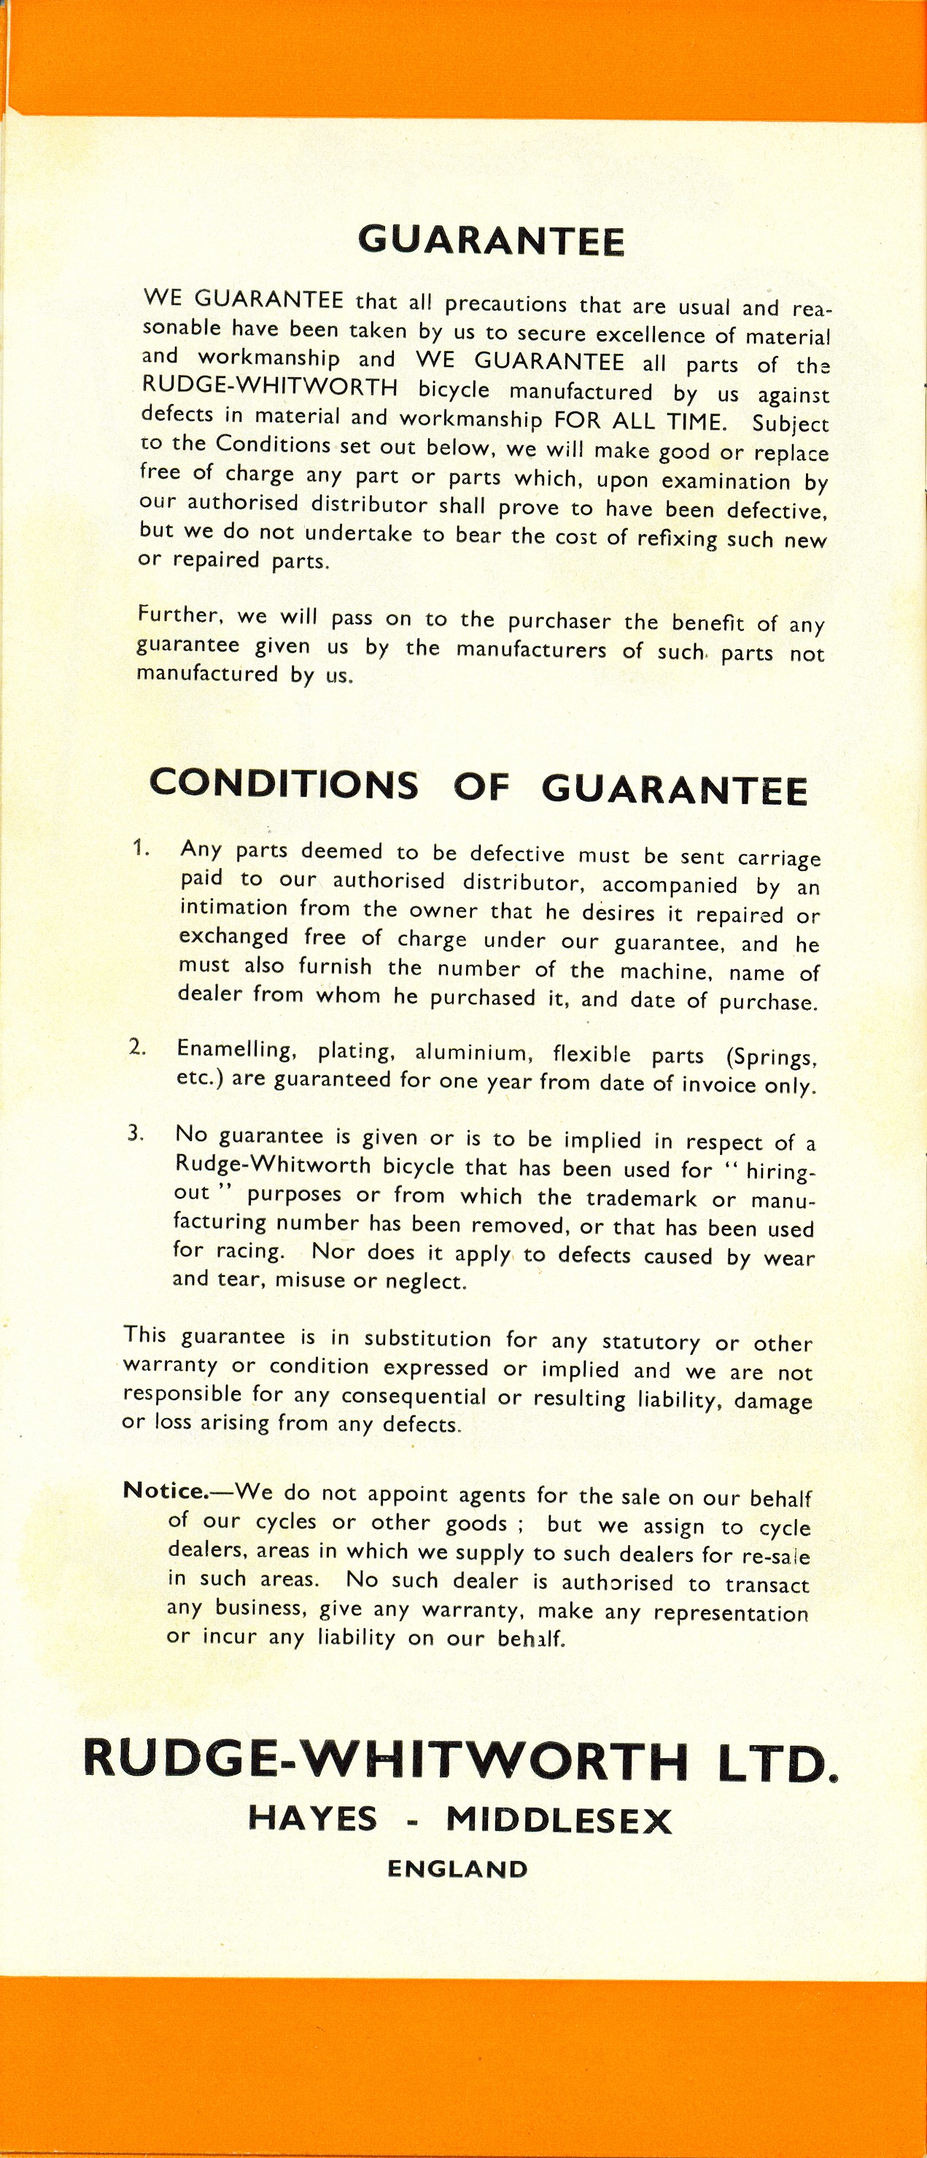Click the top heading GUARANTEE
pyautogui.click(x=491, y=241)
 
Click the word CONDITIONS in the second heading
pyautogui.click(x=284, y=784)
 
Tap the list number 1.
pyautogui.click(x=140, y=848)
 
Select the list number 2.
pyautogui.click(x=136, y=1047)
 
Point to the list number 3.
pyautogui.click(x=135, y=1134)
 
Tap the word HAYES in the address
pyautogui.click(x=312, y=1819)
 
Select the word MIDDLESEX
pyautogui.click(x=559, y=1820)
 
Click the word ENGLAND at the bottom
pyautogui.click(x=457, y=1869)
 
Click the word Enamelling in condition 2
pyautogui.click(x=236, y=1050)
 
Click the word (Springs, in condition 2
pyautogui.click(x=774, y=1057)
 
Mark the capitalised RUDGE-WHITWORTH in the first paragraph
pyautogui.click(x=270, y=387)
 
